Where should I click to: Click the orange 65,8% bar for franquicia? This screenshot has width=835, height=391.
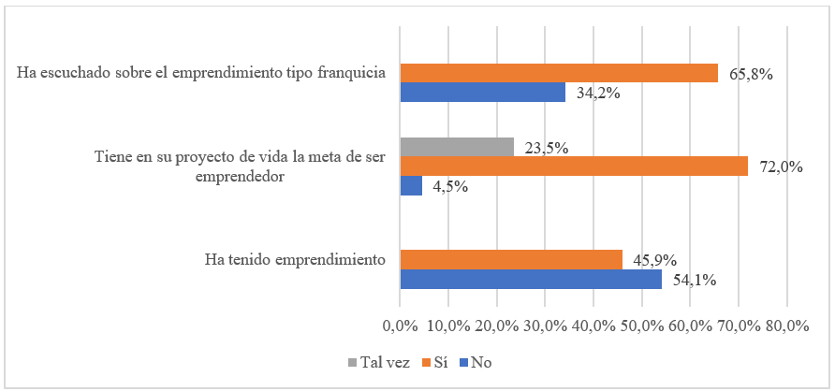pyautogui.click(x=559, y=73)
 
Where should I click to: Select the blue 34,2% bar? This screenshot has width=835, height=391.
pyautogui.click(x=482, y=93)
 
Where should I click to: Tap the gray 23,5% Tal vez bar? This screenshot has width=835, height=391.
pyautogui.click(x=457, y=147)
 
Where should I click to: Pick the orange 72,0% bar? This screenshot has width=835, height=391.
pyautogui.click(x=574, y=167)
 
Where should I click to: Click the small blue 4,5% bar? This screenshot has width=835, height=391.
pyautogui.click(x=411, y=186)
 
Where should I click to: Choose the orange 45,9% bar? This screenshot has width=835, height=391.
pyautogui.click(x=511, y=260)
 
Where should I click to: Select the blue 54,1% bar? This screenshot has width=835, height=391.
pyautogui.click(x=531, y=280)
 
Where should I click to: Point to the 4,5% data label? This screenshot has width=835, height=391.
pyautogui.click(x=450, y=186)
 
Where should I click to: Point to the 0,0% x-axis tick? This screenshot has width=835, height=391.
pyautogui.click(x=400, y=326)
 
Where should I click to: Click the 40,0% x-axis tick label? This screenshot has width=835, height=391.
pyautogui.click(x=593, y=326)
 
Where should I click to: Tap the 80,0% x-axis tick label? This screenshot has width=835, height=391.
pyautogui.click(x=786, y=326)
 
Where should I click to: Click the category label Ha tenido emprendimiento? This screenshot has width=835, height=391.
pyautogui.click(x=295, y=259)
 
